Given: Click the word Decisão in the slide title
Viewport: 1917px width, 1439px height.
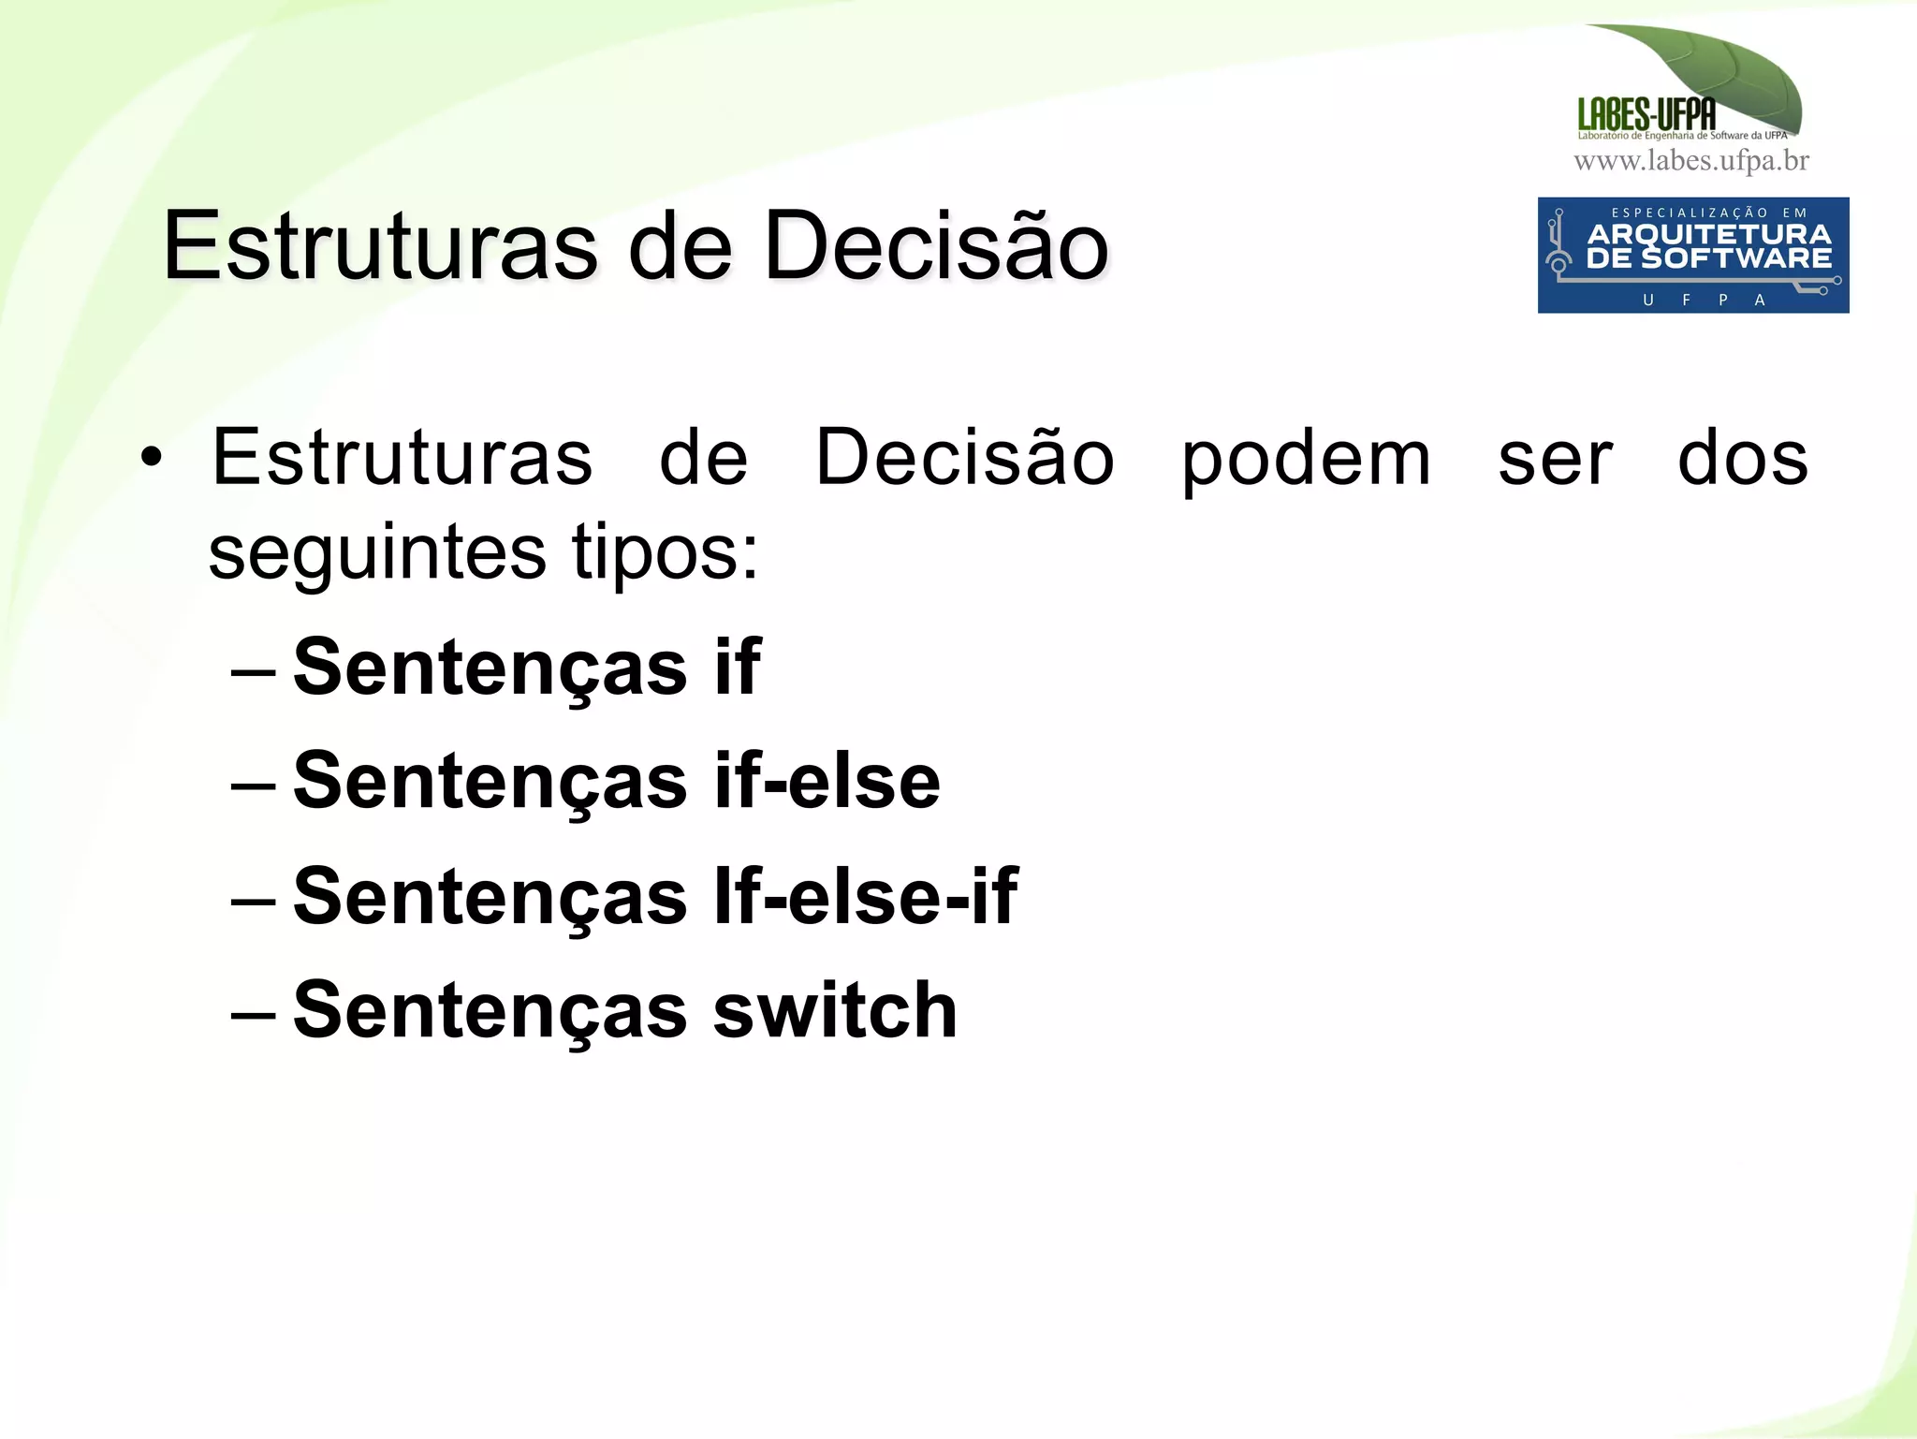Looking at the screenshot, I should (936, 246).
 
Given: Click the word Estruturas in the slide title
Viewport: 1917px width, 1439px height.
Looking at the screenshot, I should (379, 246).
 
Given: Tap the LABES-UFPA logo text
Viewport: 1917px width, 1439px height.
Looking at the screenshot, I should (1646, 114).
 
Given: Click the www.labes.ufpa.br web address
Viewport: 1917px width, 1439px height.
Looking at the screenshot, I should (1691, 161).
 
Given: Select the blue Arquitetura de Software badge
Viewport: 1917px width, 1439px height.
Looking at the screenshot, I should (1692, 255).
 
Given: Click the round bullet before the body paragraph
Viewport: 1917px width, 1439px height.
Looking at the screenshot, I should (151, 459).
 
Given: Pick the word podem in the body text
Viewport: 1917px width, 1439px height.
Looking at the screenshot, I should (1306, 459).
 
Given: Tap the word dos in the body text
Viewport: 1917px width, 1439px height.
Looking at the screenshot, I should (1742, 459).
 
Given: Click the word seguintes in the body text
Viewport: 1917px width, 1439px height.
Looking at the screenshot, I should (376, 552).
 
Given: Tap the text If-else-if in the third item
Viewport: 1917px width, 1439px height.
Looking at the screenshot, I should (865, 896).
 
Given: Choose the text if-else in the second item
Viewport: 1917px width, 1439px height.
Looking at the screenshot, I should (827, 781).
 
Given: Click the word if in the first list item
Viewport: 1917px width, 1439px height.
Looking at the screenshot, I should (738, 667).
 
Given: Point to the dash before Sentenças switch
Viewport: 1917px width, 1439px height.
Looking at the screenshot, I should (253, 1014).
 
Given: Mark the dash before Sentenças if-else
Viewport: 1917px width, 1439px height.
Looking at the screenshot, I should (253, 786).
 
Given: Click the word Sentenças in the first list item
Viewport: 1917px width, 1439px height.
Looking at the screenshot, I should (490, 667).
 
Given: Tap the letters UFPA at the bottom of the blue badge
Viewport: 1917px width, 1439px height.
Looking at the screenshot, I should (1704, 300).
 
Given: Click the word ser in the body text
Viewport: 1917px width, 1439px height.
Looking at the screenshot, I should (1555, 459).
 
